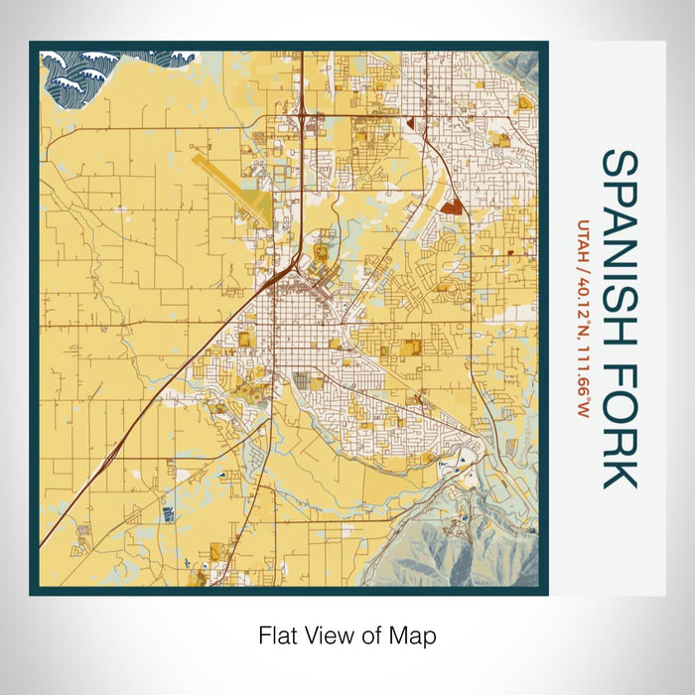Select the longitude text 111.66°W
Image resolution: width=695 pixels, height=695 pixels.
(584, 376)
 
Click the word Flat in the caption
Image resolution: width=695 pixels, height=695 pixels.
(279, 635)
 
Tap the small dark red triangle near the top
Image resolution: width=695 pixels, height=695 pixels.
(408, 120)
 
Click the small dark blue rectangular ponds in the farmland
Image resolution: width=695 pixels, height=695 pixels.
(167, 512)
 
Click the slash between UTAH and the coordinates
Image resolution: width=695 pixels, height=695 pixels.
(584, 267)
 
